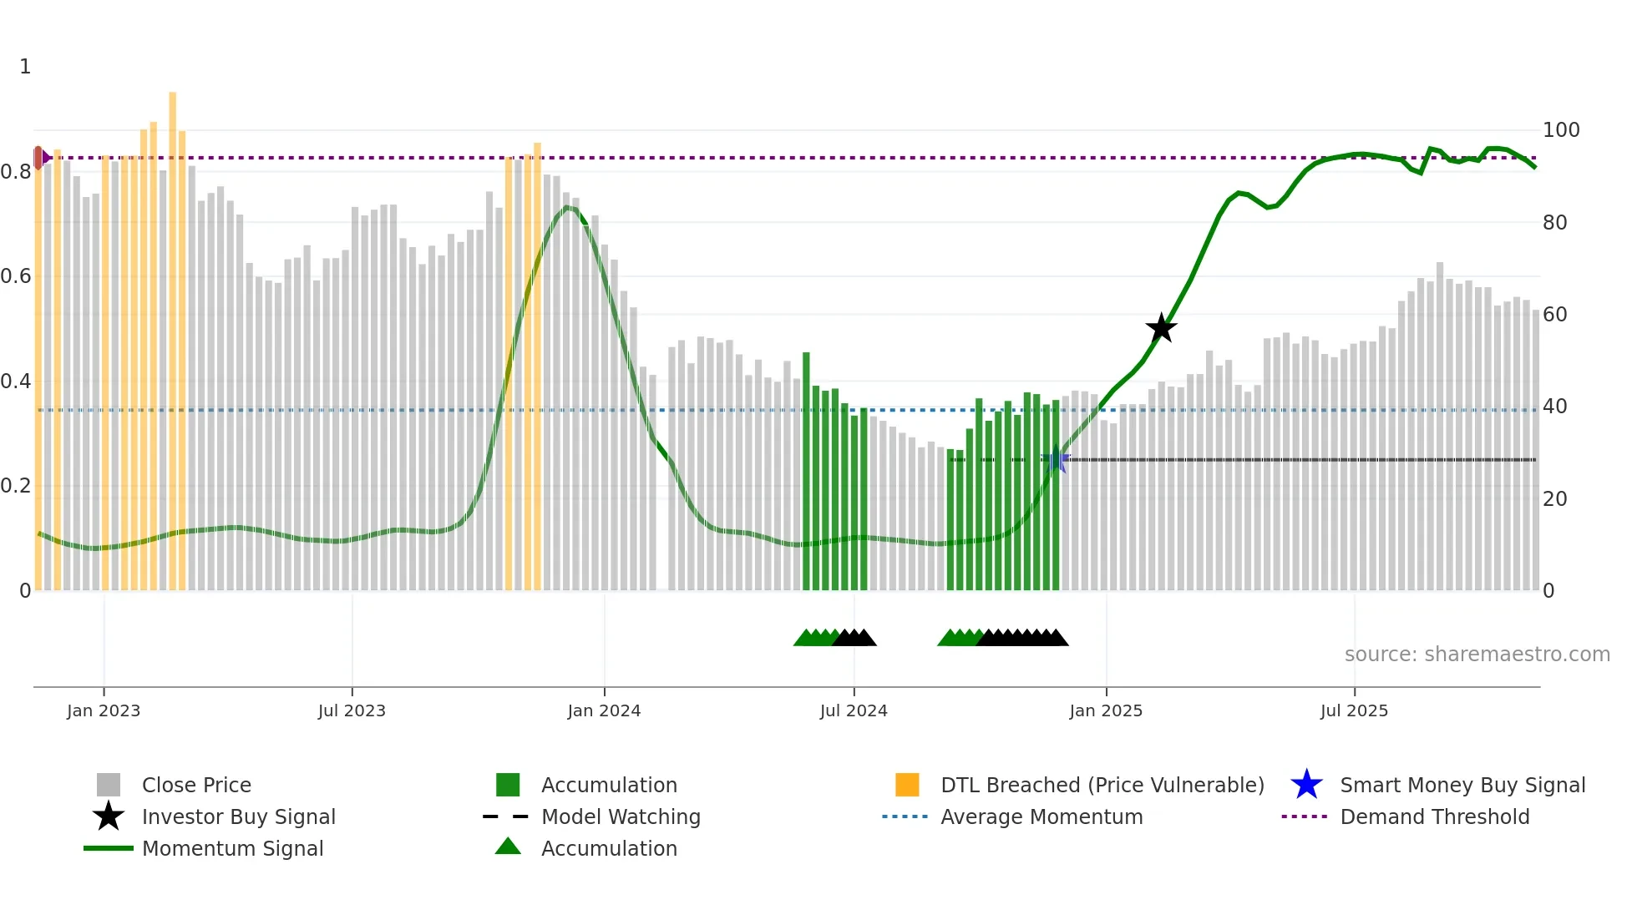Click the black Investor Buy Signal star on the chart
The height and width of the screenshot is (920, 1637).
pyautogui.click(x=1161, y=328)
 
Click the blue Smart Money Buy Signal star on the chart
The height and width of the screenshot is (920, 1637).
pyautogui.click(x=1056, y=459)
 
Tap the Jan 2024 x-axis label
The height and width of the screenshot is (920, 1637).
pyautogui.click(x=604, y=710)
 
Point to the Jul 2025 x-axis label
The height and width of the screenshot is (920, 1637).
pyautogui.click(x=1354, y=710)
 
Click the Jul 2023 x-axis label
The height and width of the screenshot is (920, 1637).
pyautogui.click(x=352, y=710)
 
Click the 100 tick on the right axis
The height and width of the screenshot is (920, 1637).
pyautogui.click(x=1560, y=130)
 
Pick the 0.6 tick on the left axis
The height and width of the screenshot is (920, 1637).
pyautogui.click(x=17, y=276)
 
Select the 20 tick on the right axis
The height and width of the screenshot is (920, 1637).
pyautogui.click(x=1554, y=498)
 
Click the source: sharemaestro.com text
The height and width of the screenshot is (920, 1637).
pyautogui.click(x=1477, y=655)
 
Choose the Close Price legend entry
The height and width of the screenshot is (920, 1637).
pyautogui.click(x=196, y=785)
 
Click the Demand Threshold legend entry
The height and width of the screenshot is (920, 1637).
pyautogui.click(x=1434, y=816)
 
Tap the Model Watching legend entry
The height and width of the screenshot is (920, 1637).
pyautogui.click(x=621, y=816)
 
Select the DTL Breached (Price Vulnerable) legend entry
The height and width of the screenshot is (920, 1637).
pyautogui.click(x=1102, y=785)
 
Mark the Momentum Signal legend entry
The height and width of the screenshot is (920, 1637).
pyautogui.click(x=232, y=848)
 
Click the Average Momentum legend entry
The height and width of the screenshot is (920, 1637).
pyautogui.click(x=1041, y=816)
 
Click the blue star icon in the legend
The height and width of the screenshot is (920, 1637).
pyautogui.click(x=1306, y=785)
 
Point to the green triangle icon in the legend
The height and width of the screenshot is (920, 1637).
pyautogui.click(x=508, y=847)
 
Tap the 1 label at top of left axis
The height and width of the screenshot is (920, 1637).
pyautogui.click(x=25, y=67)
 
